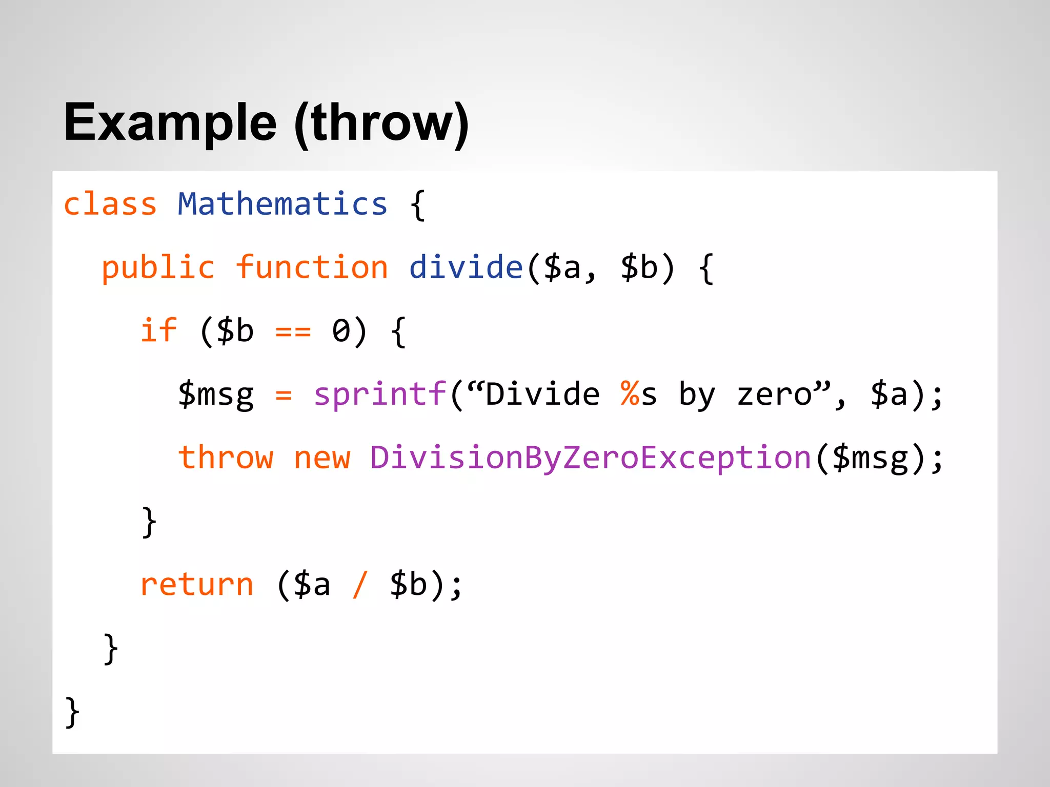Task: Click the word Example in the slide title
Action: click(x=170, y=123)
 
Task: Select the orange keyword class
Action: click(x=110, y=204)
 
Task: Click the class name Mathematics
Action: click(x=282, y=204)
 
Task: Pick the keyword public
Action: click(x=158, y=267)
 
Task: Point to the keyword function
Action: click(x=312, y=267)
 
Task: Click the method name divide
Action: click(x=466, y=267)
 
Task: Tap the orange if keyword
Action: click(x=158, y=330)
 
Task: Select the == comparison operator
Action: click(x=293, y=332)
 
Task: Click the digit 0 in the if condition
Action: click(x=341, y=331)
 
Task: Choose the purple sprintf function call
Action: click(x=380, y=395)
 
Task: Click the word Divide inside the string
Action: click(x=542, y=395)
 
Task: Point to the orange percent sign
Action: click(x=629, y=393)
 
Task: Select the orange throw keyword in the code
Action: click(x=226, y=458)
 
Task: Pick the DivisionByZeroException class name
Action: click(x=590, y=458)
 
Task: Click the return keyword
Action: click(x=197, y=585)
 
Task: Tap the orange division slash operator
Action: click(x=360, y=585)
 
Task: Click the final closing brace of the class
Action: click(x=72, y=712)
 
